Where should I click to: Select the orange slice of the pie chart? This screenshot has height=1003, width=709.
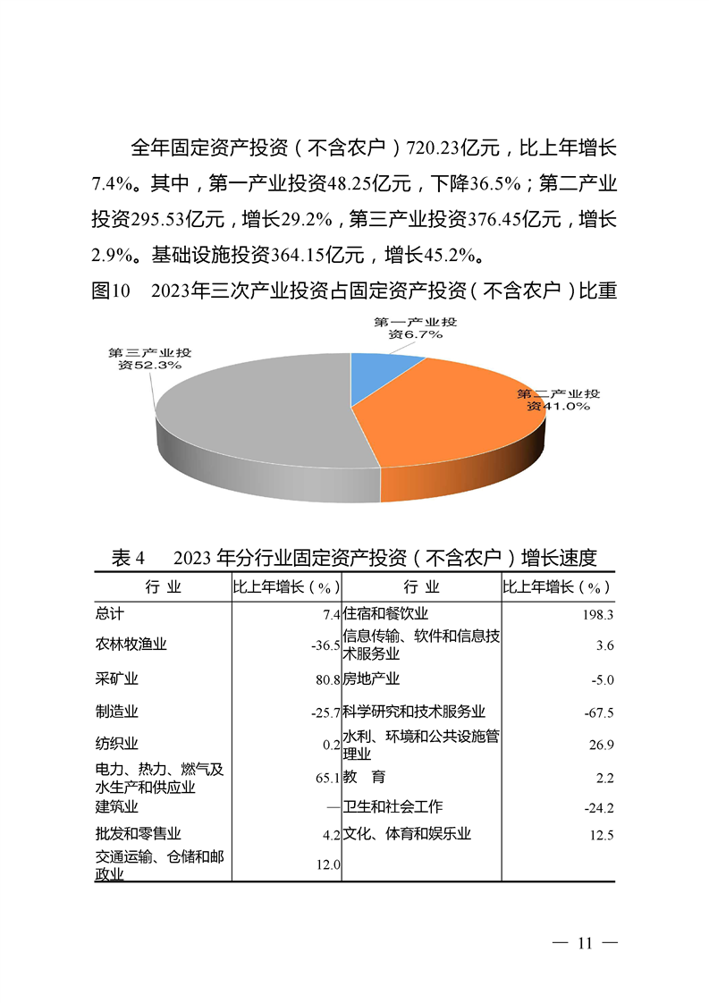[447, 420]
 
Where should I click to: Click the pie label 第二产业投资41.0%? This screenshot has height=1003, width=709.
[559, 400]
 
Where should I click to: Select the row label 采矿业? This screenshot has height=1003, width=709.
[116, 679]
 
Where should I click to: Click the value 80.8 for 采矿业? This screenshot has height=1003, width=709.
[327, 679]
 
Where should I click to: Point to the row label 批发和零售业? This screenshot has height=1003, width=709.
[138, 835]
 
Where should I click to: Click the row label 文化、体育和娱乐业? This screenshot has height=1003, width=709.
[407, 834]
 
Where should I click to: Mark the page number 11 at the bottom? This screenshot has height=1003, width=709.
[586, 944]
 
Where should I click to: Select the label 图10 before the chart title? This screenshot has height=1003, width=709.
[112, 291]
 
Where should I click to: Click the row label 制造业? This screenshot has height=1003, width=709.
[116, 712]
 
